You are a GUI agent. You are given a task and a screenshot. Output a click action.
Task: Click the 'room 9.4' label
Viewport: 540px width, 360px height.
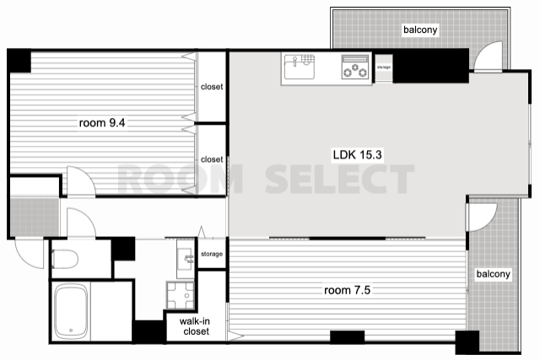102,122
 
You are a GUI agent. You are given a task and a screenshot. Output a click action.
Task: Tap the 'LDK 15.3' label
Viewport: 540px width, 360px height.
357,154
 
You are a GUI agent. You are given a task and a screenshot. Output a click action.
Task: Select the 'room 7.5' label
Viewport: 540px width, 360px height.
347,290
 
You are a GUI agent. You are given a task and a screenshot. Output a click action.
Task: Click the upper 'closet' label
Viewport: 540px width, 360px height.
212,87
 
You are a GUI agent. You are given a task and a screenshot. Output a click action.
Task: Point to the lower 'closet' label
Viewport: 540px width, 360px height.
212,159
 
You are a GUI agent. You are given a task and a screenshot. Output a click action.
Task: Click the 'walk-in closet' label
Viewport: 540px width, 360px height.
195,326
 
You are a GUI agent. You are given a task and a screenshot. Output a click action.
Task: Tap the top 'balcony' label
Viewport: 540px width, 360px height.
420,30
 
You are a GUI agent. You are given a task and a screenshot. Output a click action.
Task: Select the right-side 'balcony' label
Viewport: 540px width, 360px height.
493,274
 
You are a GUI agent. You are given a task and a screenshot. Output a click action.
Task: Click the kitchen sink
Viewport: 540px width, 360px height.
300,67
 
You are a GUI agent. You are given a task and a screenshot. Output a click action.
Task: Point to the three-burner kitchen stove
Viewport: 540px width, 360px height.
354,67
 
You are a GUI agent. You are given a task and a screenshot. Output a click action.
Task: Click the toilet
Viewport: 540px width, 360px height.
65,259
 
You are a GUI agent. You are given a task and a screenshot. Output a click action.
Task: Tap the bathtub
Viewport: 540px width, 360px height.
71,312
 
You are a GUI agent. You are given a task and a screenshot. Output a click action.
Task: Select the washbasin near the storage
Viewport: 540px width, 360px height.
186,259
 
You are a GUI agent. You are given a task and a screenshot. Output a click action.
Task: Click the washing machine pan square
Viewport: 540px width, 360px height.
181,295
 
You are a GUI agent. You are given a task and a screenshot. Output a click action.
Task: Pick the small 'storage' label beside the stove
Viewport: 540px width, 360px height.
384,67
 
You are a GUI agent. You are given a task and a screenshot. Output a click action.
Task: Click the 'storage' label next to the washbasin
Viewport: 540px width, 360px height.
212,254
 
